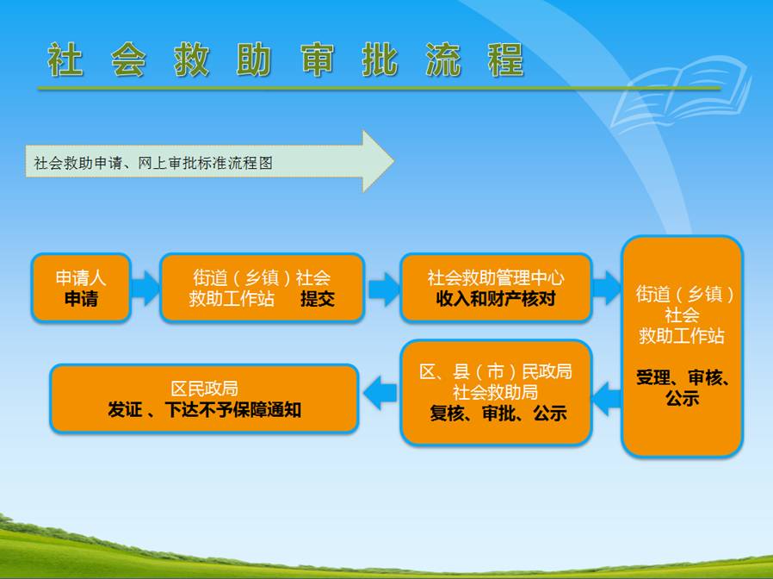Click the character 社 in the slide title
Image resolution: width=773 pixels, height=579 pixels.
pyautogui.click(x=66, y=60)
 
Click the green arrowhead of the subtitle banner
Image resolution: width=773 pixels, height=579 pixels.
pyautogui.click(x=377, y=161)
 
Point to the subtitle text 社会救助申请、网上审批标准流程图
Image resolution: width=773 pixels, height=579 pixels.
pyautogui.click(x=153, y=162)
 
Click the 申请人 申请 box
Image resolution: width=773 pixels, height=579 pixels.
pyautogui.click(x=81, y=288)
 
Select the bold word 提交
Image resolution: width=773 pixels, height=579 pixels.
pyautogui.click(x=317, y=299)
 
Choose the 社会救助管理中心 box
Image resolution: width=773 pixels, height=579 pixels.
pyautogui.click(x=496, y=288)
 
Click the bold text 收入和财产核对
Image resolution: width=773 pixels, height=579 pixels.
pyautogui.click(x=496, y=299)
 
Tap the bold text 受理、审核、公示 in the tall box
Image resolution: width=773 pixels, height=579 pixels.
pyautogui.click(x=682, y=388)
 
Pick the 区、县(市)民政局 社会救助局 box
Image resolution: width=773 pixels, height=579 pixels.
pyautogui.click(x=496, y=392)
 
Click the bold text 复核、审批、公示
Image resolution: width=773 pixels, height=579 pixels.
pyautogui.click(x=498, y=413)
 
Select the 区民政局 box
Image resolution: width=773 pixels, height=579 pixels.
pyautogui.click(x=204, y=398)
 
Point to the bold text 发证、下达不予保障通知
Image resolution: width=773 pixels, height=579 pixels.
pyautogui.click(x=204, y=410)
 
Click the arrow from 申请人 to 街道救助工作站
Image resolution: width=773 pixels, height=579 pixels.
pyautogui.click(x=145, y=288)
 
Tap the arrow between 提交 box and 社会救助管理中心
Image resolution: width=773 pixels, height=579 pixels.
pyautogui.click(x=382, y=289)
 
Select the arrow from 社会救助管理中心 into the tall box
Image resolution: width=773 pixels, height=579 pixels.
pyautogui.click(x=607, y=288)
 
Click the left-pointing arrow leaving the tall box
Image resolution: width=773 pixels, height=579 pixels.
pyautogui.click(x=607, y=397)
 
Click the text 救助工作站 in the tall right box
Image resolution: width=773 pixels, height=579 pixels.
pyautogui.click(x=682, y=336)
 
